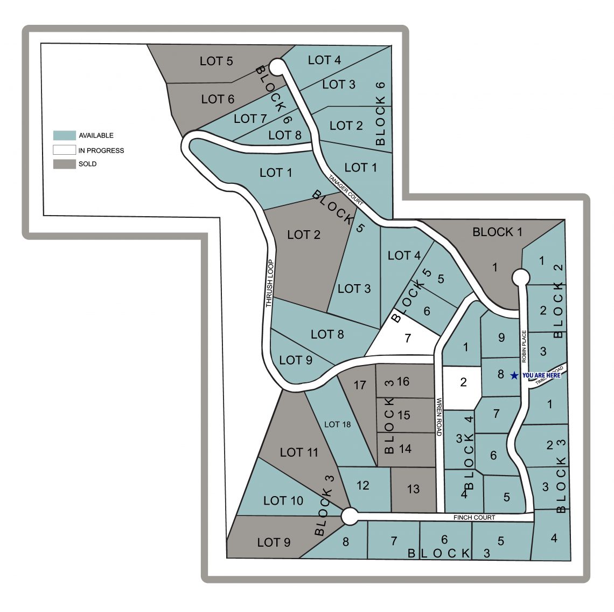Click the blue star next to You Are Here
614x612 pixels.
pos(514,375)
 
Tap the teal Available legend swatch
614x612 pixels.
pos(64,135)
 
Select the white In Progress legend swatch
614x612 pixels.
pos(64,150)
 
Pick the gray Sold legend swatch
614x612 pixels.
pos(64,164)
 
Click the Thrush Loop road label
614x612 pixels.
pos(270,284)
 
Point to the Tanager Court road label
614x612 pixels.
pos(346,190)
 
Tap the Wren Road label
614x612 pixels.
pos(439,417)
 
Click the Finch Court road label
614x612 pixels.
pos(474,517)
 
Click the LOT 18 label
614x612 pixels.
pos(337,424)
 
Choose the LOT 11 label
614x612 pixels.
pos(299,452)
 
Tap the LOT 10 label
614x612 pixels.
pos(283,500)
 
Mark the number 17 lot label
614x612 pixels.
pos(360,385)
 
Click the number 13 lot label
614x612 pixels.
pos(413,489)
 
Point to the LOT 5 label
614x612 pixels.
pos(216,61)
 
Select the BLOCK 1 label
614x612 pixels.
pos(497,232)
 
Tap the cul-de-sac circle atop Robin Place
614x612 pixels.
pos(520,277)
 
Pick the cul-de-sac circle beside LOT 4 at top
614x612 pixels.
pos(276,67)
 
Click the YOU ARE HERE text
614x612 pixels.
pos(541,375)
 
